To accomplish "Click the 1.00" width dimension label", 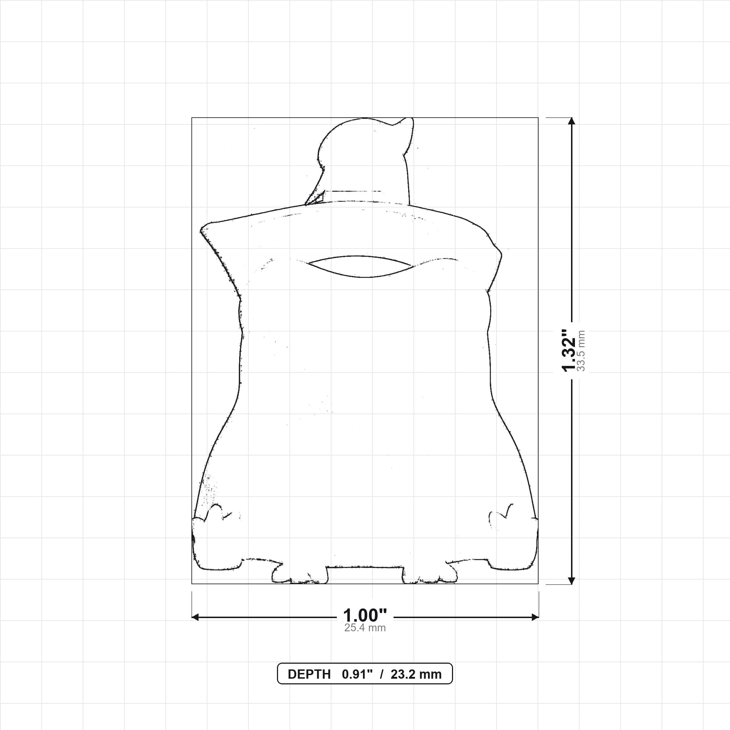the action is pyautogui.click(x=365, y=616).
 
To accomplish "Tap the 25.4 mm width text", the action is pyautogui.click(x=365, y=628).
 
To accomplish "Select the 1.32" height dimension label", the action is pyautogui.click(x=569, y=351).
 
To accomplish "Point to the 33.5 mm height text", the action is pyautogui.click(x=581, y=351).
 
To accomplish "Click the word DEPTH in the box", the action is pyautogui.click(x=309, y=674).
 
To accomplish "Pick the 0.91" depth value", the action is pyautogui.click(x=357, y=674).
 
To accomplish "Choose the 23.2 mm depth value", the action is pyautogui.click(x=416, y=674).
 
